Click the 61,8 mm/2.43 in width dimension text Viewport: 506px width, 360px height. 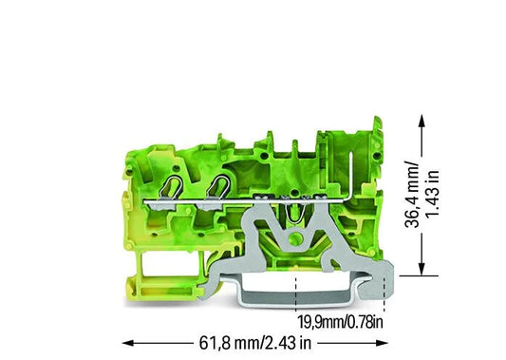(x=255, y=343)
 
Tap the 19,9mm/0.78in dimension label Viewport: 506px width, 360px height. (x=340, y=322)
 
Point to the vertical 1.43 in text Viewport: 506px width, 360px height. (x=432, y=194)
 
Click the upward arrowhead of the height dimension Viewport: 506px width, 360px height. (x=422, y=122)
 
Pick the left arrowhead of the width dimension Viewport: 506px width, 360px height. (x=129, y=343)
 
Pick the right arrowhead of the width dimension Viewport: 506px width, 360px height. (x=381, y=343)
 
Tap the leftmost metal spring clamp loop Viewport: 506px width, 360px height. (x=171, y=187)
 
